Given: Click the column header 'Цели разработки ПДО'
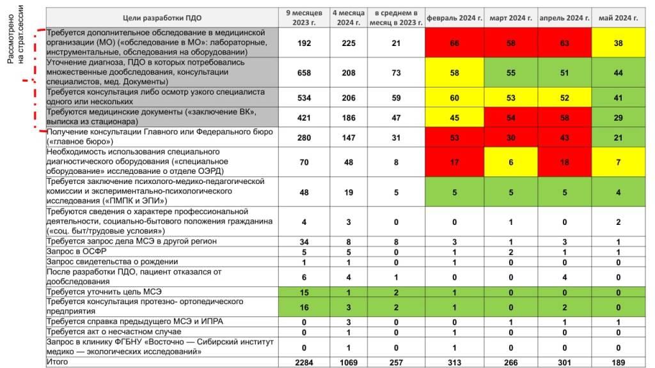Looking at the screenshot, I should tap(160, 17).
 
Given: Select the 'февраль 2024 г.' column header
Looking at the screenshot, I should tap(455, 17).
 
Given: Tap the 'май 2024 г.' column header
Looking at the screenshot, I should tap(618, 17).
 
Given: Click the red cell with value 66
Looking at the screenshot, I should tap(455, 42).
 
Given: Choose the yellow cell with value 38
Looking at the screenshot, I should tap(618, 42).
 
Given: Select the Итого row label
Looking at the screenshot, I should tap(58, 362).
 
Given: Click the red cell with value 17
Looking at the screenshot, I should tap(455, 162).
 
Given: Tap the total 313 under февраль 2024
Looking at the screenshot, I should tap(455, 362).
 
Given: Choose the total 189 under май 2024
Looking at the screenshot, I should tap(618, 362).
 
